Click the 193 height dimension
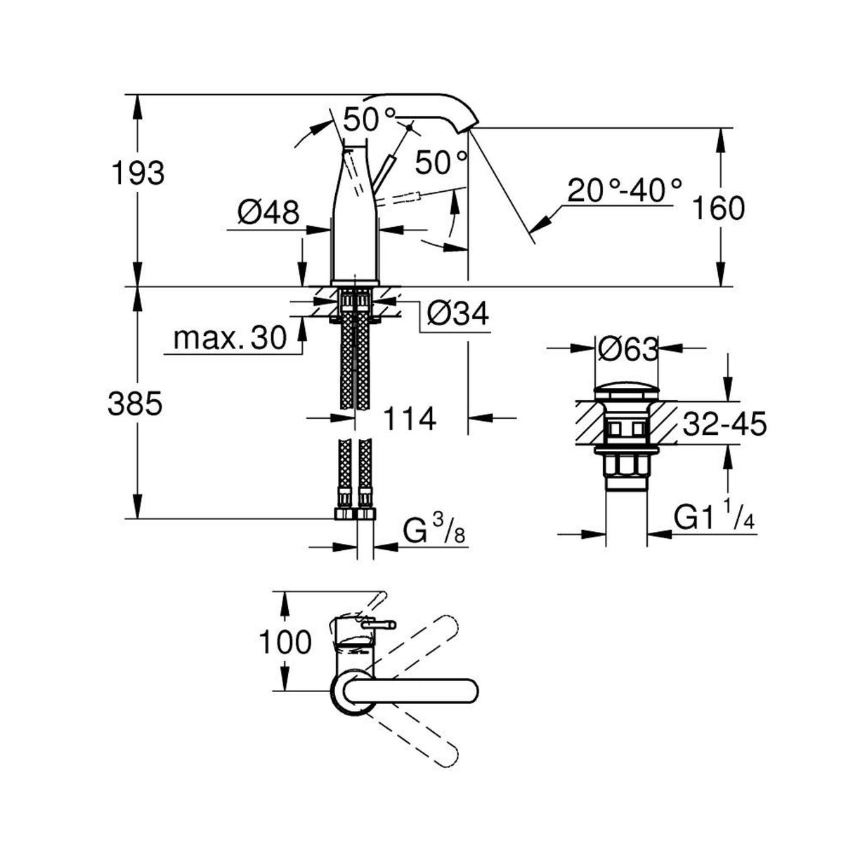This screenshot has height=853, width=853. click(x=138, y=173)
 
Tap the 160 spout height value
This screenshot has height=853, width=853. click(x=717, y=208)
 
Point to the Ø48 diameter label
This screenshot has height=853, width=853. click(x=268, y=211)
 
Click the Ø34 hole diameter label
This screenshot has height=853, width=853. click(x=456, y=314)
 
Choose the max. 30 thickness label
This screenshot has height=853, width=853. click(x=230, y=339)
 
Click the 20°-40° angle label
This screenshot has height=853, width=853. click(x=624, y=190)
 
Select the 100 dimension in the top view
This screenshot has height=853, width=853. click(x=285, y=642)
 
